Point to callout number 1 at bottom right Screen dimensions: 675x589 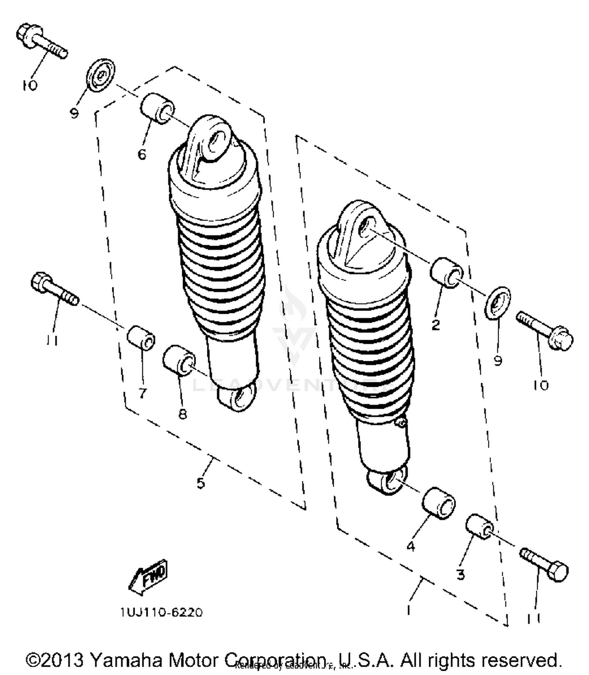click(409, 610)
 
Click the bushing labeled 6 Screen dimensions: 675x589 click(157, 109)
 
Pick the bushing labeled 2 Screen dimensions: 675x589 click(447, 273)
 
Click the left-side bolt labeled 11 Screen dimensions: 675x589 click(55, 290)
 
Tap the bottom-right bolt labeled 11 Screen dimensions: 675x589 click(544, 565)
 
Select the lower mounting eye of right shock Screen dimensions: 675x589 click(387, 480)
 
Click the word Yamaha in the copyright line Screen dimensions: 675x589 click(127, 660)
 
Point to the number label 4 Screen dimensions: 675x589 click(411, 546)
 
